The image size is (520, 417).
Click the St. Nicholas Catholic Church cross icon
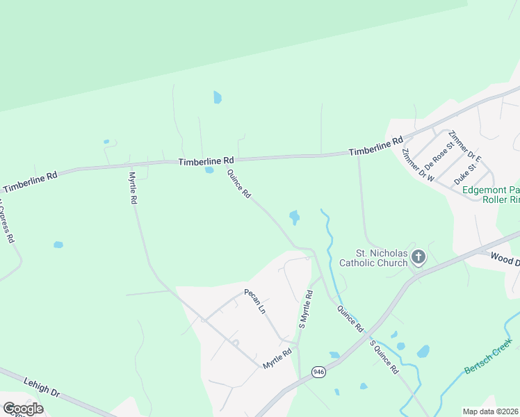(x=419, y=258)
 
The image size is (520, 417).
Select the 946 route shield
(x=318, y=371)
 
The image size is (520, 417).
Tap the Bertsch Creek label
(x=489, y=355)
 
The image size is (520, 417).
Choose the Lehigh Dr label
(x=41, y=387)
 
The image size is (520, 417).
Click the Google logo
(x=22, y=409)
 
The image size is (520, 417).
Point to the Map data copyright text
(x=491, y=411)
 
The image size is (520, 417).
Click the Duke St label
(x=466, y=173)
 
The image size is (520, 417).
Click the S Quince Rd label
(x=383, y=357)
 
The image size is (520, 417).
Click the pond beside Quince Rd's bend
(x=295, y=218)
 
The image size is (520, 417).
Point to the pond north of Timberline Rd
(x=218, y=97)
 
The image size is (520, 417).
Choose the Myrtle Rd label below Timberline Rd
(x=132, y=188)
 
